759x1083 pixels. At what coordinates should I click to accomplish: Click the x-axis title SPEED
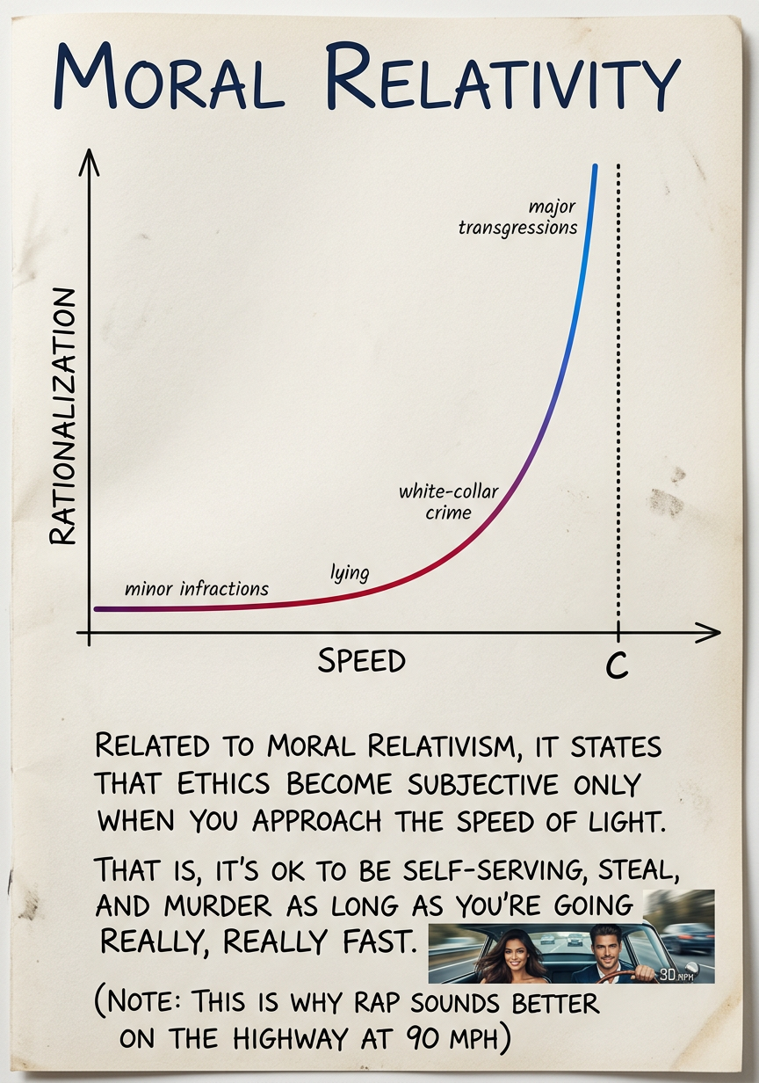coord(361,661)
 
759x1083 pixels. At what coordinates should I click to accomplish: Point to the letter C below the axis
coord(618,668)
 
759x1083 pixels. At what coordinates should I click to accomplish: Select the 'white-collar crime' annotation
coord(448,501)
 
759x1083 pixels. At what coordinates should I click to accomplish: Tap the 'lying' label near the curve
coord(350,573)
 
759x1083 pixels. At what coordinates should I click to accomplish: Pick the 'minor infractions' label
coord(197,588)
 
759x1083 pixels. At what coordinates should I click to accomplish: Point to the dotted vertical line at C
coord(619,396)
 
